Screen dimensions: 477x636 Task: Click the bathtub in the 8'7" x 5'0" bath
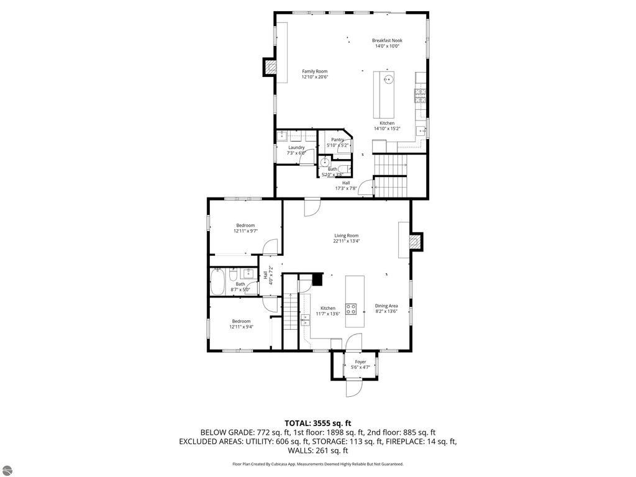click(x=218, y=283)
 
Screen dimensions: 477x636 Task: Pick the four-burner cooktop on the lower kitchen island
click(x=351, y=308)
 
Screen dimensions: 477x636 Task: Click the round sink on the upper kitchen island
click(x=388, y=79)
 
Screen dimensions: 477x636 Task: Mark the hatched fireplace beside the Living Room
click(x=416, y=241)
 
